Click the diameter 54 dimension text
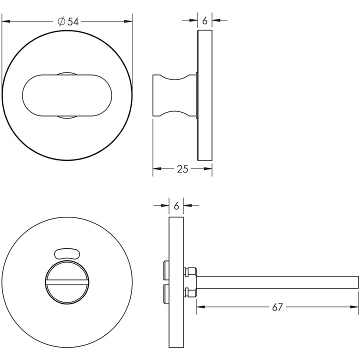(x=68, y=21)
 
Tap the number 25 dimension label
(x=182, y=169)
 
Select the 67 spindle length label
(x=277, y=307)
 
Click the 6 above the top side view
(x=205, y=20)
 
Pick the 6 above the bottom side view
(x=176, y=206)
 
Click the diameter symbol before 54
(x=61, y=21)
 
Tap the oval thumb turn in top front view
(x=67, y=95)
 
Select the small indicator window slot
(x=67, y=253)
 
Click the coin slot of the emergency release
(x=67, y=282)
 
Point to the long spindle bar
(x=277, y=282)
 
